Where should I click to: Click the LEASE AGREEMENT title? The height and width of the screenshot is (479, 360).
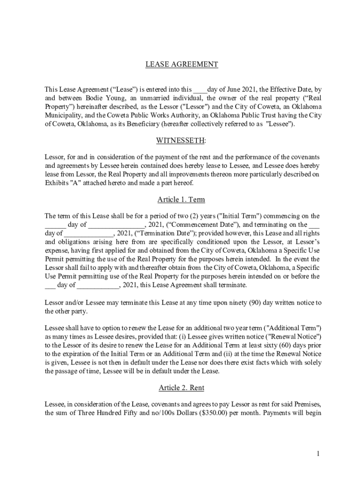[x=181, y=65]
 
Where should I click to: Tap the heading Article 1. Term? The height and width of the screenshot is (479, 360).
[x=181, y=200]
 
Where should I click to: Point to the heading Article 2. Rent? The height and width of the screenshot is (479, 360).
[x=181, y=388]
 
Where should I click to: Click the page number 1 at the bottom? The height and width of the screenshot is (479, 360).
[x=317, y=454]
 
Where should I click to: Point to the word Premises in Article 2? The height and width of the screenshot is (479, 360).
[x=304, y=404]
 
